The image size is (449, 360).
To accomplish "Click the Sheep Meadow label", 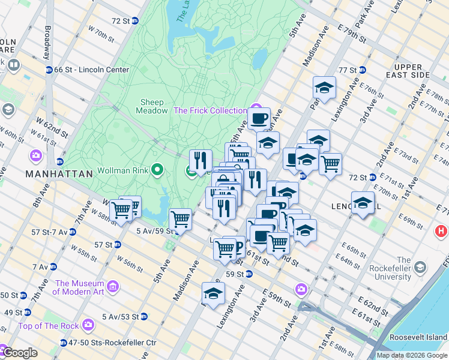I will click(152, 106).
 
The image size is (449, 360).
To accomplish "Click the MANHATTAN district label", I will click(59, 174).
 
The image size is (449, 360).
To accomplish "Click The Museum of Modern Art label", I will click(79, 287).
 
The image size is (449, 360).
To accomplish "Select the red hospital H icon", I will click(442, 230).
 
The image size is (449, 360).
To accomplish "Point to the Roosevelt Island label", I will click(418, 337).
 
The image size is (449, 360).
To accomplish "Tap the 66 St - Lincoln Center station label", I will click(91, 70).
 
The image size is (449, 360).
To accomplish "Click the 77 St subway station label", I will click(348, 70).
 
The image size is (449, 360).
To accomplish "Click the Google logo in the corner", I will click(19, 353).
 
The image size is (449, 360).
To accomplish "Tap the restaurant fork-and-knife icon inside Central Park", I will click(200, 160).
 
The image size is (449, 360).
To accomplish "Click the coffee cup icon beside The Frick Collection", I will click(259, 118).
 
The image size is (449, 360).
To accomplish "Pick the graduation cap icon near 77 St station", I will click(324, 88).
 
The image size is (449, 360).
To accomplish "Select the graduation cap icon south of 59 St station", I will click(213, 293).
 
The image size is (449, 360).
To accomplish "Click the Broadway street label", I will click(47, 40).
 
